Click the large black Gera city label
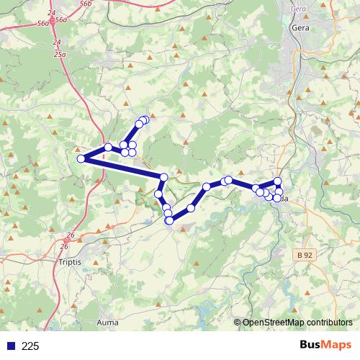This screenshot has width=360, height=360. tap(300, 28)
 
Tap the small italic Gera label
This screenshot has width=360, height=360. tap(299, 9)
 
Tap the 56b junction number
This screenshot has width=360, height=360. tap(86, 4)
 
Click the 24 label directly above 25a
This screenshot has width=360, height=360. tap(57, 43)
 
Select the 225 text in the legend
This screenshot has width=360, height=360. tap(30, 346)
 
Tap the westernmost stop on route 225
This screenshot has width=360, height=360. tap(81, 158)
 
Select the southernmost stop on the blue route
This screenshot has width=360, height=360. tap(169, 220)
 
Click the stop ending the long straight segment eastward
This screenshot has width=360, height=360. tap(164, 177)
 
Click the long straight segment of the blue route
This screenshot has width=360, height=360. tap(122, 168)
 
